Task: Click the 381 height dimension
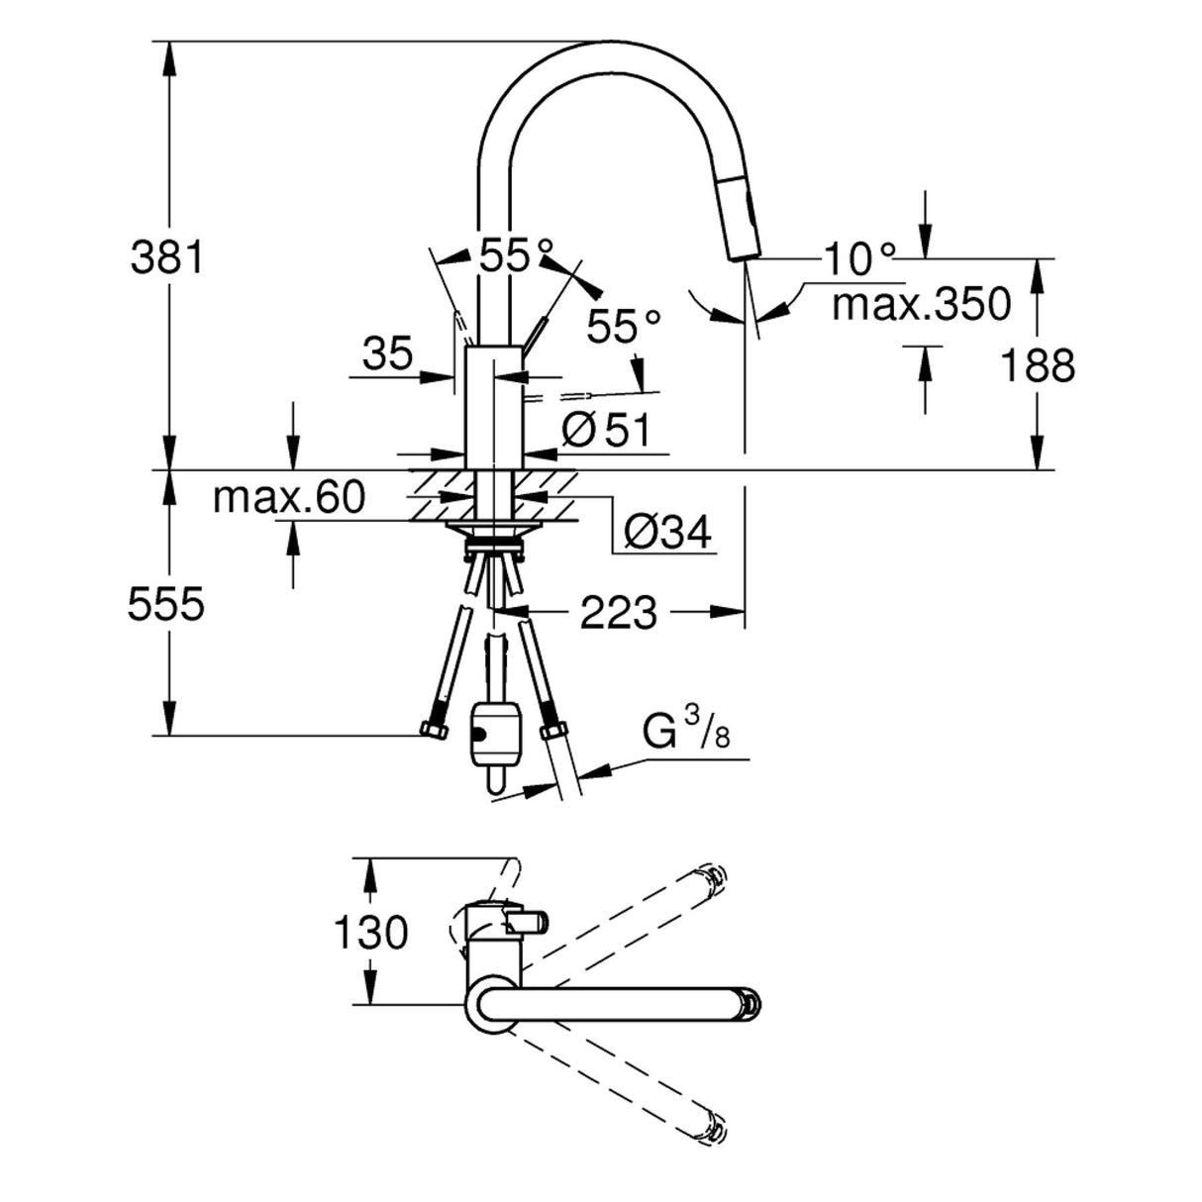click(x=165, y=258)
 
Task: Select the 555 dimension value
click(x=165, y=604)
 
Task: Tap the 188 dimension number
click(x=1037, y=365)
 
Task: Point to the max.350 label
click(x=921, y=304)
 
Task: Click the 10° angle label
click(x=857, y=259)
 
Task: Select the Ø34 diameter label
click(x=667, y=534)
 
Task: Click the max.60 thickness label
click(x=289, y=497)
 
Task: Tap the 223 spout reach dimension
click(x=618, y=614)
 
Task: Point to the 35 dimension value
click(x=387, y=353)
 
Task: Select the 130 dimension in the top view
click(x=368, y=932)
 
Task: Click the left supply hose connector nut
click(x=432, y=731)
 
